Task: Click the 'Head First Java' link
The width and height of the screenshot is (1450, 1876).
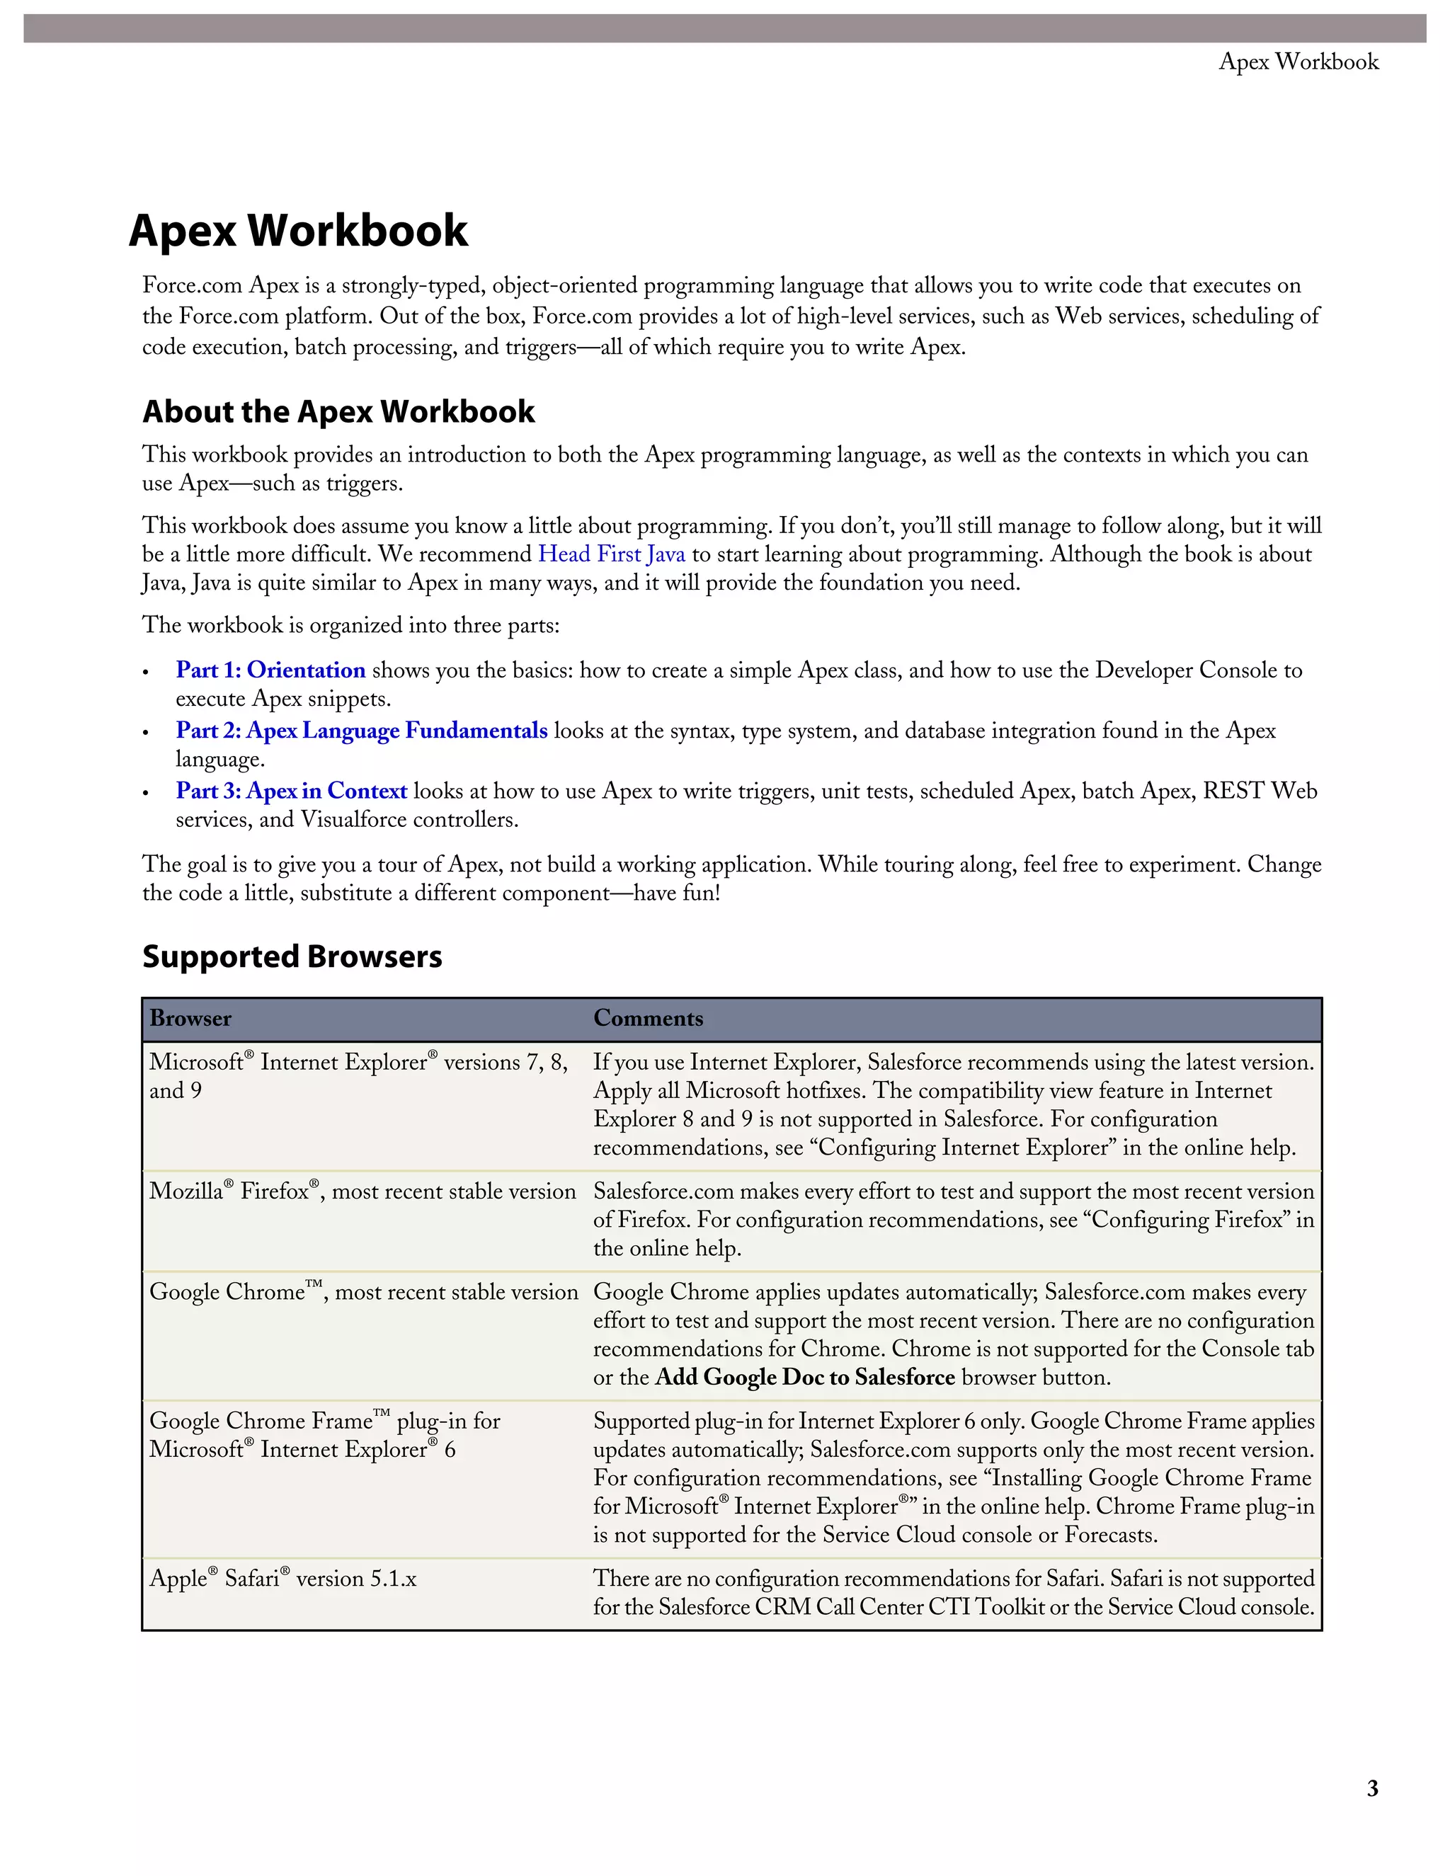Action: (612, 554)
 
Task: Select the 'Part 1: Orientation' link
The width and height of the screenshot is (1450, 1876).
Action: (270, 670)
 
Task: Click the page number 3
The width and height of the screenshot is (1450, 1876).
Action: (1372, 1788)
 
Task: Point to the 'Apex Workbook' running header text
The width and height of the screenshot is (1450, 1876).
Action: (1298, 62)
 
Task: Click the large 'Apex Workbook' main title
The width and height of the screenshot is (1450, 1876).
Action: (298, 230)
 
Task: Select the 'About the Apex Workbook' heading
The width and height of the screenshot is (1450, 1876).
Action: (338, 411)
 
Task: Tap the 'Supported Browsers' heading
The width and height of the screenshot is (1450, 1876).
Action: (292, 956)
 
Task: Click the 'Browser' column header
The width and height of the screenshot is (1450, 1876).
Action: (190, 1019)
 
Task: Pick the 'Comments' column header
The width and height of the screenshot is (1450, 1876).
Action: (648, 1019)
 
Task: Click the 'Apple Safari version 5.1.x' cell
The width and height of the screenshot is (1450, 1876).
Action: (282, 1579)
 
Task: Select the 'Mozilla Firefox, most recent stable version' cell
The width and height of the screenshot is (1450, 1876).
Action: (362, 1191)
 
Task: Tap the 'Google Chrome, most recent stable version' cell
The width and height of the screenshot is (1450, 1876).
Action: (363, 1292)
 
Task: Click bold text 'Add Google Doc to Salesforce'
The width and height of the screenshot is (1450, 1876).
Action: (805, 1377)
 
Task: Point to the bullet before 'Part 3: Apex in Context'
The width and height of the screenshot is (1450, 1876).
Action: (146, 793)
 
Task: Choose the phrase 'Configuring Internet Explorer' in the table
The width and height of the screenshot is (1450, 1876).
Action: (963, 1148)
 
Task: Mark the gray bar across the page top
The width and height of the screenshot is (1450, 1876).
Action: (725, 28)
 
